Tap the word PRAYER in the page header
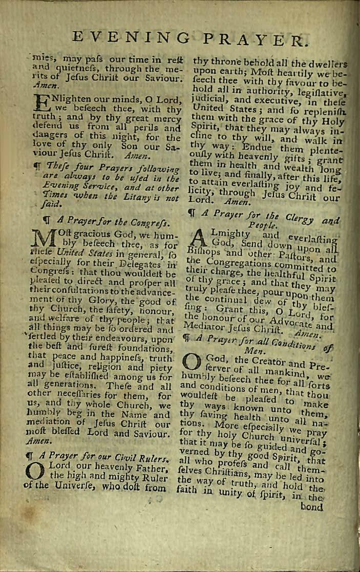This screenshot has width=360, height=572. point(256,39)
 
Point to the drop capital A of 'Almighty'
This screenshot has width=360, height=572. point(204,240)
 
